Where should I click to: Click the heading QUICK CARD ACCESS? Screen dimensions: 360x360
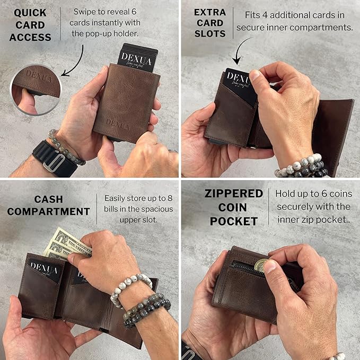point(30,25)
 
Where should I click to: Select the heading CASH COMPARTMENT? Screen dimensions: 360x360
point(48,205)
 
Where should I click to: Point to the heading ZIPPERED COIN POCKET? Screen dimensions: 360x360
point(234,207)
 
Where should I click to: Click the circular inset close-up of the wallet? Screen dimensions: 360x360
point(36,90)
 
